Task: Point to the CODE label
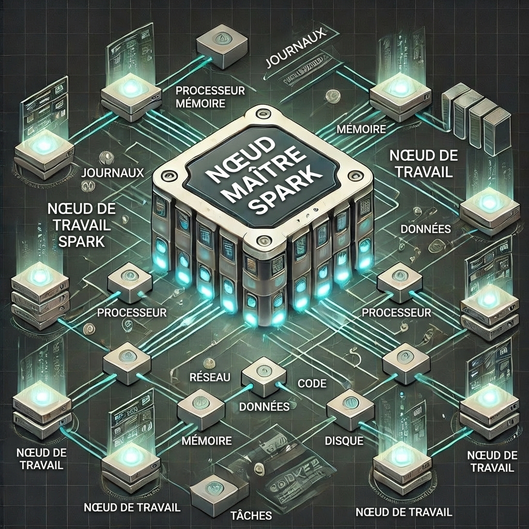(313, 383)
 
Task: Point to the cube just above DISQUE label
(349, 408)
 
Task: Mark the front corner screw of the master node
(264, 239)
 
